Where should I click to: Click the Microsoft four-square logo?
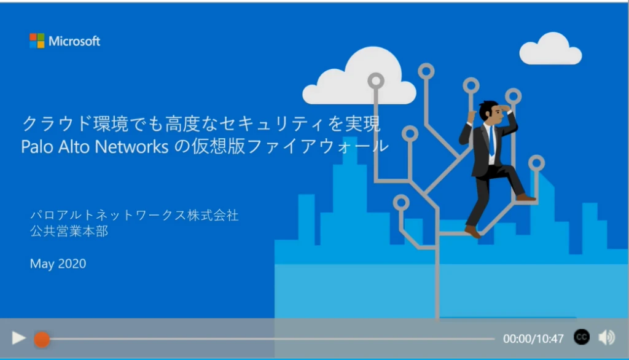(x=37, y=41)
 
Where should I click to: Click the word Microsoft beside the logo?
(x=74, y=41)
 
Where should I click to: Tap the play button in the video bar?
(x=19, y=337)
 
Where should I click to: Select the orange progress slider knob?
(x=42, y=338)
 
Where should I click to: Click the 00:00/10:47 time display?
(x=533, y=338)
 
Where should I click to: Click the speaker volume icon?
(x=606, y=337)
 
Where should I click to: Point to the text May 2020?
(x=58, y=264)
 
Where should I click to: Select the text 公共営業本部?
(x=69, y=232)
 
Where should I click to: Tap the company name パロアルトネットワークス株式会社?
(x=135, y=216)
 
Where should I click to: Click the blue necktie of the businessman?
(x=491, y=141)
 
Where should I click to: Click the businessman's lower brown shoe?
(x=472, y=232)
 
